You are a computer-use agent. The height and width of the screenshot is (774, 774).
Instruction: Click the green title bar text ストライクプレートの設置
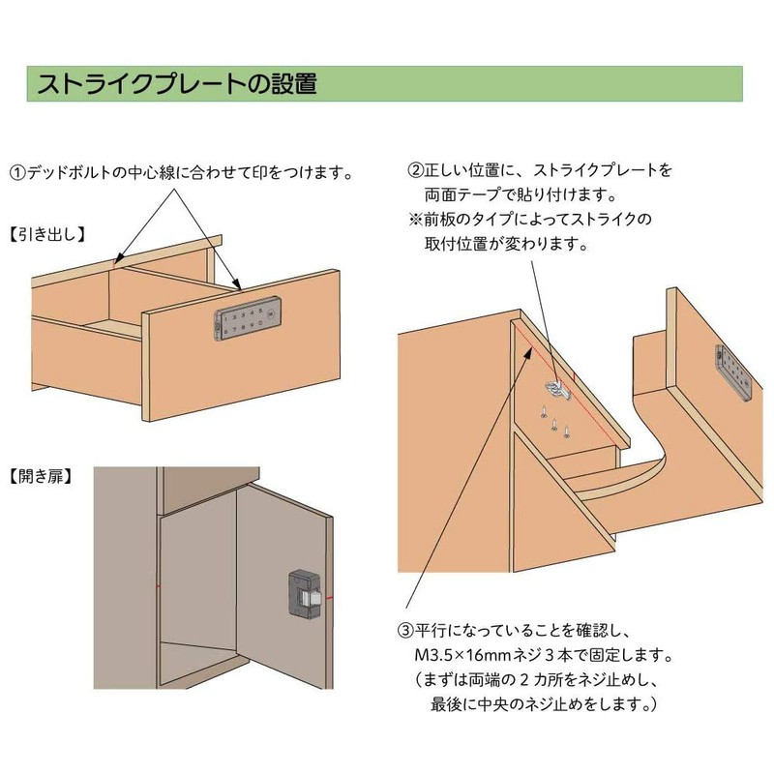[x=177, y=83]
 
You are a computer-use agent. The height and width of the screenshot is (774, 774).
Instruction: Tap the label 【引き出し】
[x=47, y=234]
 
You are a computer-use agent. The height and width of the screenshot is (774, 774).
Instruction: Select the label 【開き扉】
[x=41, y=477]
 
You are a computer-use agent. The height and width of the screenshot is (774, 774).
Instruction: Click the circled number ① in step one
[x=17, y=173]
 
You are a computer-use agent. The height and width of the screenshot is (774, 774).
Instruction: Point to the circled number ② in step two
[x=416, y=171]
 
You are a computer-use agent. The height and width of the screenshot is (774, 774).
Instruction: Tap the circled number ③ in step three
[x=405, y=631]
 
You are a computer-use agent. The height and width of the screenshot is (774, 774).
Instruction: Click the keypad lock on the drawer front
[x=248, y=318]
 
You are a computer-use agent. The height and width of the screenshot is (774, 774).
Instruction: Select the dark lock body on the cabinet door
[x=305, y=594]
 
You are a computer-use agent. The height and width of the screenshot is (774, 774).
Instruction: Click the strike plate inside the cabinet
[x=558, y=390]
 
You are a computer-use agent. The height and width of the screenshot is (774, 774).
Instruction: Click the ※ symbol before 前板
[x=416, y=220]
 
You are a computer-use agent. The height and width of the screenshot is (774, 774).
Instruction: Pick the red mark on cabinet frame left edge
[x=159, y=586]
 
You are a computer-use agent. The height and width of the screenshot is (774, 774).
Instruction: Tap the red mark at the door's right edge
[x=329, y=598]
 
